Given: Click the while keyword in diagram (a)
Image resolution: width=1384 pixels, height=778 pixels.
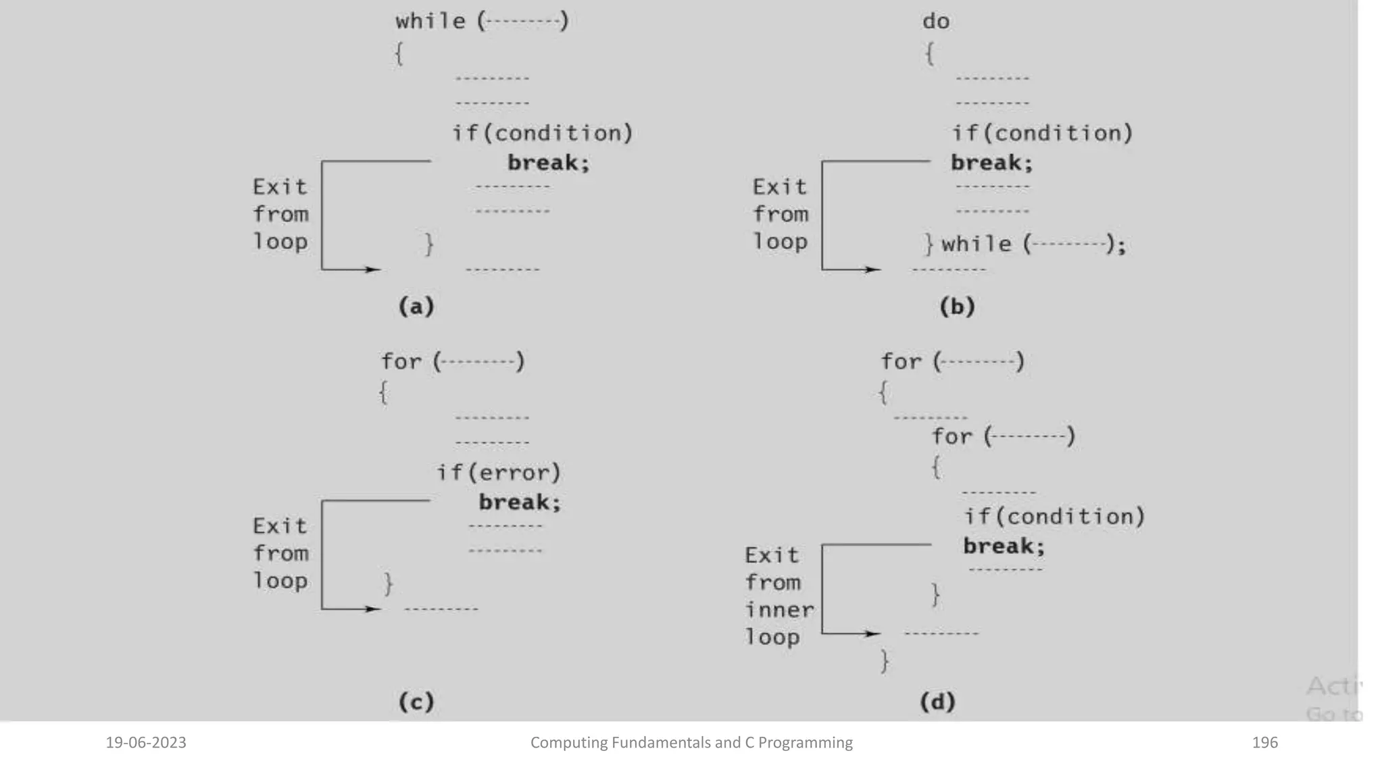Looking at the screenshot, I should (430, 21).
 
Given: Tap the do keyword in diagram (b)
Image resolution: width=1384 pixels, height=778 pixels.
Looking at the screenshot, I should (936, 21).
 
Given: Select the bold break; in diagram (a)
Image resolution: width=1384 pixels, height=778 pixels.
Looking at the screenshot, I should (548, 163).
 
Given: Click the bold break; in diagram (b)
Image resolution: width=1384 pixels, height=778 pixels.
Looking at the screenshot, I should (991, 163).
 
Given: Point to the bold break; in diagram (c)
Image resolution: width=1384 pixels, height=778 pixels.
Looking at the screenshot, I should (520, 502).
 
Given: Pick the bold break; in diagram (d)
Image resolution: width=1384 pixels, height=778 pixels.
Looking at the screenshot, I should (1004, 546).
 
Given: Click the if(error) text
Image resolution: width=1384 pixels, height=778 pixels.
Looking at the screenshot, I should (499, 472).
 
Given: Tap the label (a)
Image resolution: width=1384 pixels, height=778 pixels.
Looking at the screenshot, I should (416, 307).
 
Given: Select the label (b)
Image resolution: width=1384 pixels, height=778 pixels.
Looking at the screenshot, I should (957, 307).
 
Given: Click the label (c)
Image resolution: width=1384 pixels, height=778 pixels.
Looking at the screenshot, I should (416, 702).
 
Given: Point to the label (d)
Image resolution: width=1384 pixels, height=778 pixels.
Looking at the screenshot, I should (937, 702).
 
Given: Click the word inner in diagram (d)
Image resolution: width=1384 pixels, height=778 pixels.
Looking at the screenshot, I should (779, 610).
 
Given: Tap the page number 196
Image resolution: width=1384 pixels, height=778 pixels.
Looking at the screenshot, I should (1264, 743).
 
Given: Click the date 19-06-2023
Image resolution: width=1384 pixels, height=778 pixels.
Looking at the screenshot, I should (146, 743).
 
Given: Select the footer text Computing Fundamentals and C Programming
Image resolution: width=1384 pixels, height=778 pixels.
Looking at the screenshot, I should (691, 743).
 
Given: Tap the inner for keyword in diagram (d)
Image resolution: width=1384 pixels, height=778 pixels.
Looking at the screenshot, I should (951, 436).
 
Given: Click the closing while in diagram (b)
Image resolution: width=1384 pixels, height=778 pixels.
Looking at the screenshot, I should (976, 244).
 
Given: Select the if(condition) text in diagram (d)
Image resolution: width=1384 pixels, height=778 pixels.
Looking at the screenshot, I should (1054, 517).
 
